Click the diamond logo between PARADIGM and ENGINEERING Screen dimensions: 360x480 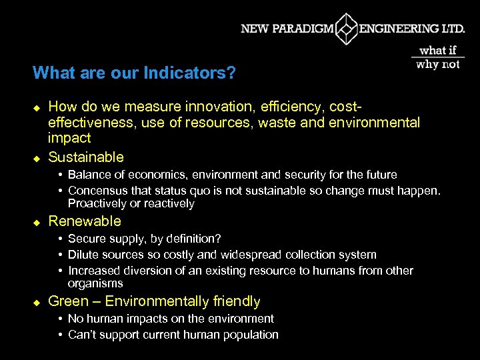pyautogui.click(x=346, y=29)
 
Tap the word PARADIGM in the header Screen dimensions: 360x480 pyautogui.click(x=305, y=29)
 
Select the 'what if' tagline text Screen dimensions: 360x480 pyautogui.click(x=437, y=51)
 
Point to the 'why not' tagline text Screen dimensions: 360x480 pyautogui.click(x=437, y=65)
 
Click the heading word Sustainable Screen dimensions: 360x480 pyautogui.click(x=86, y=157)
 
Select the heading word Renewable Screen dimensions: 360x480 pyautogui.click(x=85, y=221)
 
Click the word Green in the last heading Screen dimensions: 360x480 pyautogui.click(x=68, y=301)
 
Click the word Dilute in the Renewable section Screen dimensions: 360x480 pyautogui.click(x=83, y=255)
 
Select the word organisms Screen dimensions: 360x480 pyautogui.click(x=95, y=283)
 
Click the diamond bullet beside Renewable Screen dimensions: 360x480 pyautogui.click(x=37, y=222)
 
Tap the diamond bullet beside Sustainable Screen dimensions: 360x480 pyautogui.click(x=37, y=158)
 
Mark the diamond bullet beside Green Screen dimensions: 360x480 pyautogui.click(x=37, y=302)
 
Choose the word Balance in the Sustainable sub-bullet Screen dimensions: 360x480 pyautogui.click(x=89, y=175)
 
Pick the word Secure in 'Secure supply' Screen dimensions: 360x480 pyautogui.click(x=86, y=239)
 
